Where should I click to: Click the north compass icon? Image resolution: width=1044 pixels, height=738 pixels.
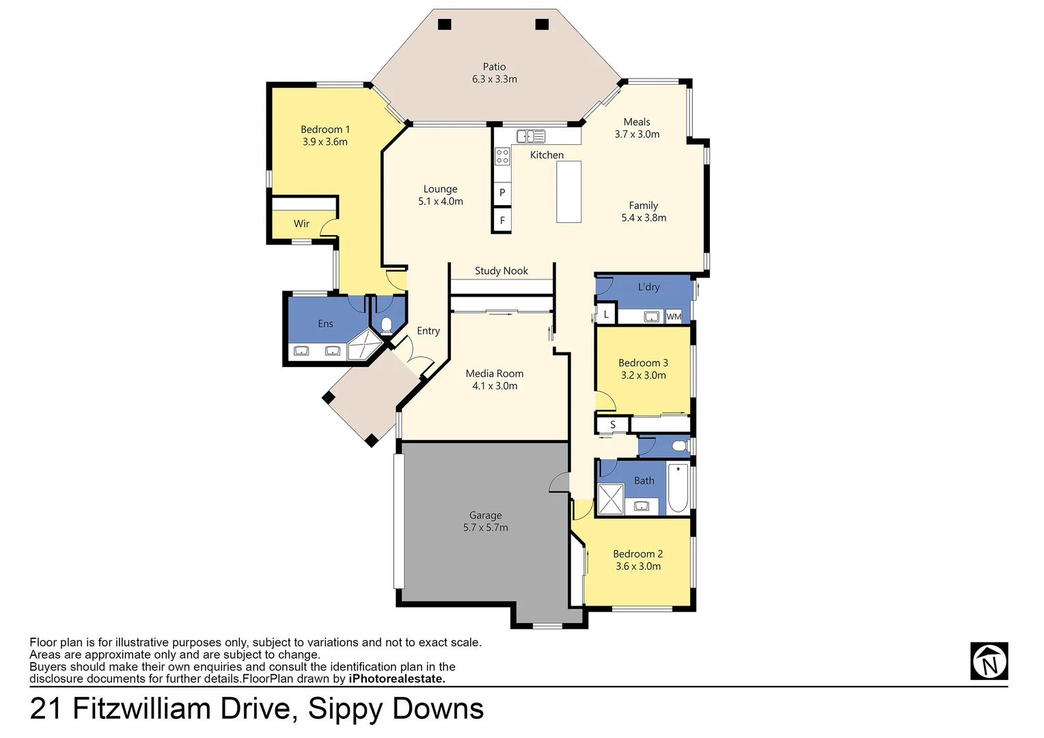point(989,661)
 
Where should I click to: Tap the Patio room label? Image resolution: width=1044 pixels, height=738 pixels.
point(494,67)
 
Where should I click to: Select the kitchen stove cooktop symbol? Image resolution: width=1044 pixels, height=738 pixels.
point(502,156)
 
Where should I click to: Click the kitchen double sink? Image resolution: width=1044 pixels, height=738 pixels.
point(530,136)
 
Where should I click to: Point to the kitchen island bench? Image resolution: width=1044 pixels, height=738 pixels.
point(568,192)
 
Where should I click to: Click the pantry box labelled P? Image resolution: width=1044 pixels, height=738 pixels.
point(502,193)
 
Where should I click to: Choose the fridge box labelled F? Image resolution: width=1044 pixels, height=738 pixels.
point(502,221)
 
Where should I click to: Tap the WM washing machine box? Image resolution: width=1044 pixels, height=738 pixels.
point(674,316)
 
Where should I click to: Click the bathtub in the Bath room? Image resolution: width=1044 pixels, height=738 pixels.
point(678,488)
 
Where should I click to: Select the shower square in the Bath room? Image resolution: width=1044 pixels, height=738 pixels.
point(611,499)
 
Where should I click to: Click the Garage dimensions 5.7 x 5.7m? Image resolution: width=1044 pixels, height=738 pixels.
point(485,528)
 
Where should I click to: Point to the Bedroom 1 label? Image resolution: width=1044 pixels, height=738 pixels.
point(325,129)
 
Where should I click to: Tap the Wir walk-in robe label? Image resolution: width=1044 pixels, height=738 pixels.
point(301,223)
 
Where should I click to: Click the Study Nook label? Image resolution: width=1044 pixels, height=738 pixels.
point(501,271)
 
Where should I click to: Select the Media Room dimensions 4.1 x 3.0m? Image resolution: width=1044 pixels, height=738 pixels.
point(495,386)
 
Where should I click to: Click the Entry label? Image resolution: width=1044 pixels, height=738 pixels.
point(428,331)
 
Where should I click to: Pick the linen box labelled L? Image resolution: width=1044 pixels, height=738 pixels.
point(606,314)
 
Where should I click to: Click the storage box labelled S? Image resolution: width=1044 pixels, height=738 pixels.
point(613,425)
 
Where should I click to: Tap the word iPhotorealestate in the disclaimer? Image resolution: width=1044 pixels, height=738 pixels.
point(397,679)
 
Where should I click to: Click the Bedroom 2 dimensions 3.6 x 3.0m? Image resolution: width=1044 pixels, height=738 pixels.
point(637,566)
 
